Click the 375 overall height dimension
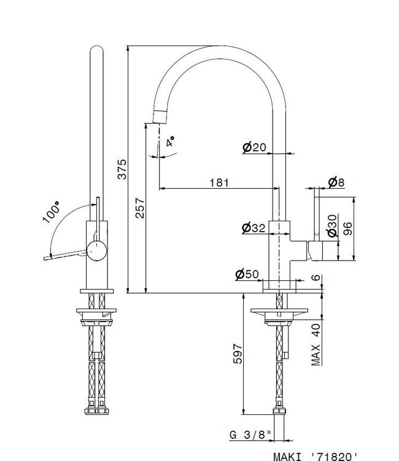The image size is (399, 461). (122, 168)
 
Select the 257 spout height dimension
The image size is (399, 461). (139, 210)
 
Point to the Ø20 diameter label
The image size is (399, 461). (254, 148)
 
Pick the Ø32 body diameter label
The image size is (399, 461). (254, 228)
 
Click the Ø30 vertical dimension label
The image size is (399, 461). (332, 225)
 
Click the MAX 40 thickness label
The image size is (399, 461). (316, 344)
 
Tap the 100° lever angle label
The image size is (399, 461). (53, 213)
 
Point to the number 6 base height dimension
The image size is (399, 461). (316, 278)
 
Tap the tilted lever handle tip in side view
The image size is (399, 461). (46, 258)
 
